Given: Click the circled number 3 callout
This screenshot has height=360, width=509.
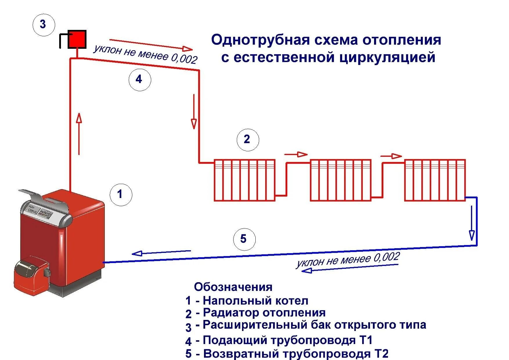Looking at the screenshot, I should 43,24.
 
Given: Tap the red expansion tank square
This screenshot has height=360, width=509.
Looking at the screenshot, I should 77,39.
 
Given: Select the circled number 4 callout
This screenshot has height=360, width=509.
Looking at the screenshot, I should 140,79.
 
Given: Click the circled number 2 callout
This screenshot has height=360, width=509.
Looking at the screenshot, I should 248,139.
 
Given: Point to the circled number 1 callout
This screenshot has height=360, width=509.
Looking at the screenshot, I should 121,194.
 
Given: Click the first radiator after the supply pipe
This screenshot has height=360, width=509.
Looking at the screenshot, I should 245,180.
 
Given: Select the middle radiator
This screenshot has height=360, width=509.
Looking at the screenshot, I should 341,180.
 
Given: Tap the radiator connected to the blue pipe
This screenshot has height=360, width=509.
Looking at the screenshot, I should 435,180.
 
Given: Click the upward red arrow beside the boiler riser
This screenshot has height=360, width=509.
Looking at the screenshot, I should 79,134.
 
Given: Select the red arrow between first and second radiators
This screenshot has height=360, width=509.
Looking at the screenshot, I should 296,154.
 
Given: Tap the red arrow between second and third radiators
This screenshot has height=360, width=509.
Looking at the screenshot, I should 391,156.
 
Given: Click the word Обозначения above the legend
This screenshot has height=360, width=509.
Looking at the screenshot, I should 233,287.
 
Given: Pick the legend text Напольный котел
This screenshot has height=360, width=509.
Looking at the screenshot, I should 255,300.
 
